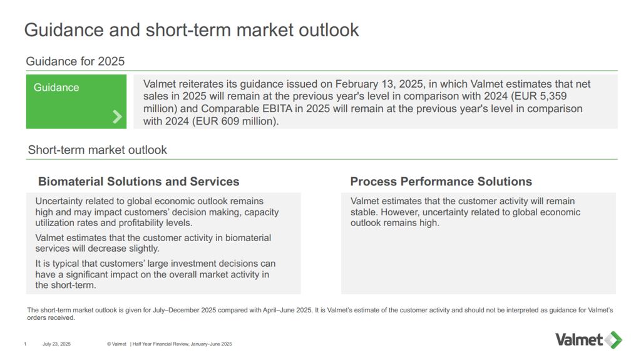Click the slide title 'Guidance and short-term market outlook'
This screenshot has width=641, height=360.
coord(192,30)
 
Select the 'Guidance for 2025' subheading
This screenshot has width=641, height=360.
coord(75,61)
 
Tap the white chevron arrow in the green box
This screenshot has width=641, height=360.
coord(117,116)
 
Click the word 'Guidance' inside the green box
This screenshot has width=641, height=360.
coord(56,88)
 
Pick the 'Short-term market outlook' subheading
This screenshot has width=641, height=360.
coord(97,150)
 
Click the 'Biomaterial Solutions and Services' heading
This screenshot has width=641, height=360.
coord(138,182)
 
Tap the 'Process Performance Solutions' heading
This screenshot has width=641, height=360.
coord(441,182)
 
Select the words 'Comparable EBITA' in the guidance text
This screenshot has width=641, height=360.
coord(247,109)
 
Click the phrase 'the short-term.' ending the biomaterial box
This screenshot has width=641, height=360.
coord(65,285)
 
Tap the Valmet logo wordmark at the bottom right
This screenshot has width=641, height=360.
coord(579,339)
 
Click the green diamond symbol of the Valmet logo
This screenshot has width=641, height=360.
coord(613,340)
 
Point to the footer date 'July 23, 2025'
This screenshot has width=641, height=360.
coord(56,344)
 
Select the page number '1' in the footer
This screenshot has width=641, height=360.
coord(25,344)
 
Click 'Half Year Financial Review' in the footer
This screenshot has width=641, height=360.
coord(161,344)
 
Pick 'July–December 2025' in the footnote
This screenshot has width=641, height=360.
coord(185,310)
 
